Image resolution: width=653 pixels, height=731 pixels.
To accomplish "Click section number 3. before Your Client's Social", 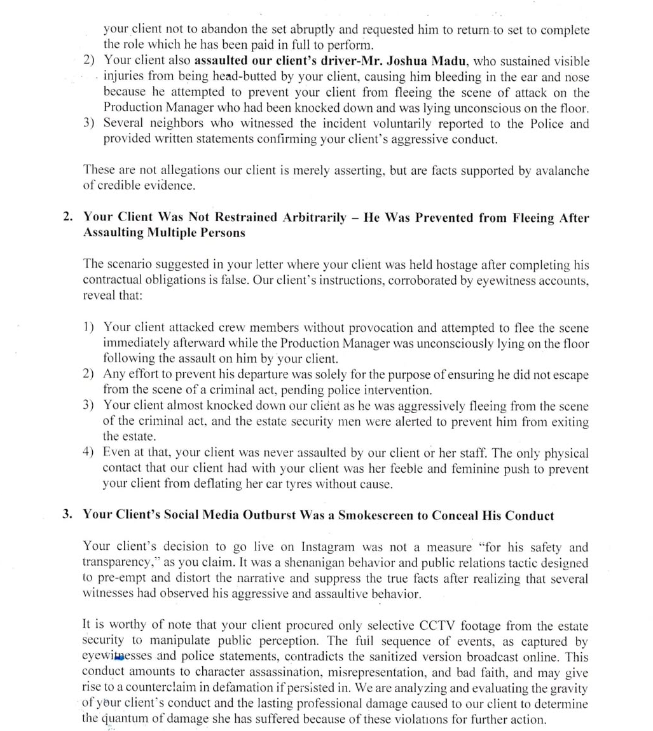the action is click(67, 515).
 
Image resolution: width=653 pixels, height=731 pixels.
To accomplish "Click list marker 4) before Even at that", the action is click(89, 453).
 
